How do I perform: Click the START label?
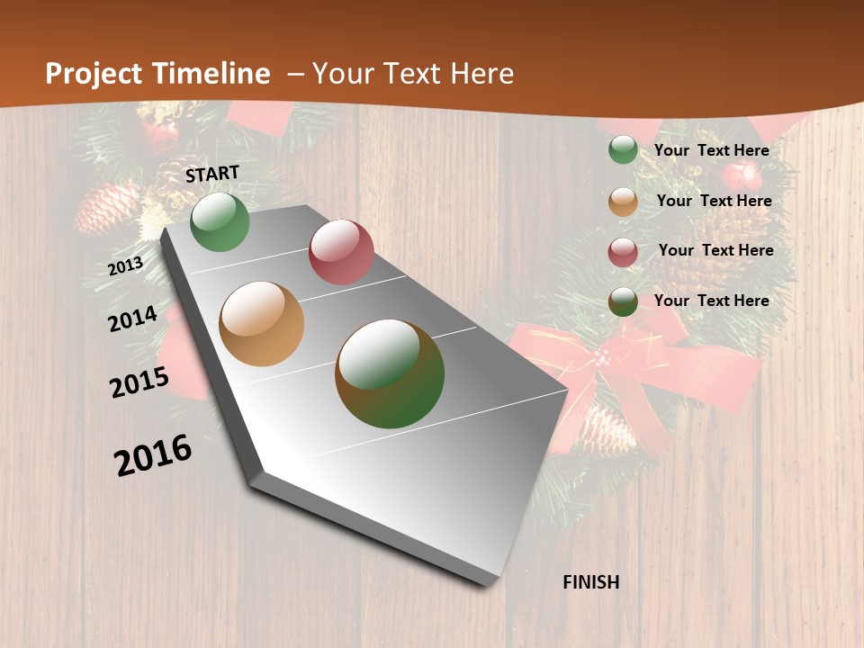pyautogui.click(x=212, y=174)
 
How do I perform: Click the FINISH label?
pyautogui.click(x=591, y=582)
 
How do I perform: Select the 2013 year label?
pyautogui.click(x=126, y=265)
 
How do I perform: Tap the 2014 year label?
pyautogui.click(x=132, y=319)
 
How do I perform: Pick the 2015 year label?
pyautogui.click(x=139, y=382)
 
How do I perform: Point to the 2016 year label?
pyautogui.click(x=153, y=454)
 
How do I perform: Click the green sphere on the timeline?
pyautogui.click(x=220, y=222)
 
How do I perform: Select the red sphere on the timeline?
pyautogui.click(x=341, y=251)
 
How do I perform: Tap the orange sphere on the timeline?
pyautogui.click(x=262, y=323)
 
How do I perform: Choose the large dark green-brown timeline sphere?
pyautogui.click(x=390, y=373)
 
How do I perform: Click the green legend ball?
pyautogui.click(x=623, y=150)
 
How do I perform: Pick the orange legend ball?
pyautogui.click(x=623, y=202)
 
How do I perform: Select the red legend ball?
pyautogui.click(x=623, y=252)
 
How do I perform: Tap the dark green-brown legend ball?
pyautogui.click(x=623, y=301)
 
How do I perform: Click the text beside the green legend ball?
pyautogui.click(x=711, y=150)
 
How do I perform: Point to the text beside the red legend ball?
pyautogui.click(x=715, y=250)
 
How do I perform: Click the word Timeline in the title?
pyautogui.click(x=211, y=74)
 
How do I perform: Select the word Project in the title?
pyautogui.click(x=94, y=74)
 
